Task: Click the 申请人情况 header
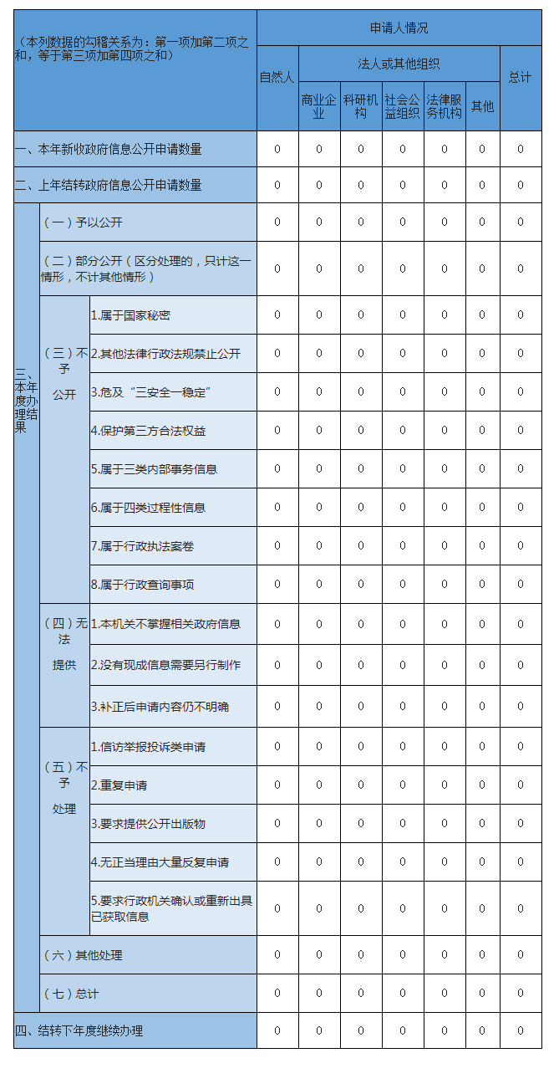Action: pos(399,28)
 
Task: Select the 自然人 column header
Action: pos(277,78)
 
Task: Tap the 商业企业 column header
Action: pos(318,106)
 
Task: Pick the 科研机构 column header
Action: pos(360,106)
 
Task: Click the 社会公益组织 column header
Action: pos(402,106)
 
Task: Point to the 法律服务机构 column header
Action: pos(444,106)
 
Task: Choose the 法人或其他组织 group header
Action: pos(399,64)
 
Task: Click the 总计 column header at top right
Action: pos(520,78)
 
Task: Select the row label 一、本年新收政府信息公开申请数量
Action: pos(109,150)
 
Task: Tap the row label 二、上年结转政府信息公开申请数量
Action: pos(109,185)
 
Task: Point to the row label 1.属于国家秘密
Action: pos(131,315)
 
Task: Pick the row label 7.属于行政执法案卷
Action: pos(142,546)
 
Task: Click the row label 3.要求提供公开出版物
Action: pos(148,824)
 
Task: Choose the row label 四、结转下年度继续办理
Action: pos(79,1030)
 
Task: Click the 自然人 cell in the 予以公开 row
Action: pos(277,222)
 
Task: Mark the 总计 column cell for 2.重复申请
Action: pos(520,785)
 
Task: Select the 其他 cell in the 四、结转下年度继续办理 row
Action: pos(481,1030)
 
